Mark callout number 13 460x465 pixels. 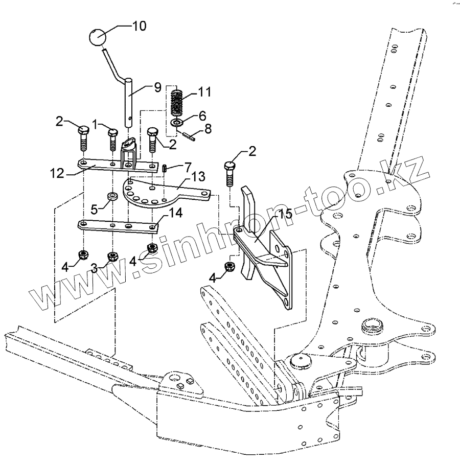click(x=197, y=177)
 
